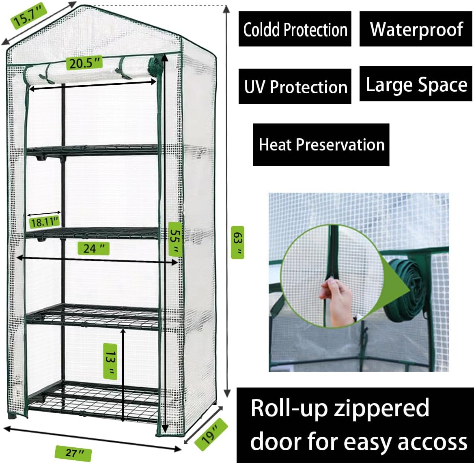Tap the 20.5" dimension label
(84, 64)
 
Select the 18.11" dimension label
(45, 221)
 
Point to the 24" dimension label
(93, 248)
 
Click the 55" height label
(175, 239)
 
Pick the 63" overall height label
(237, 243)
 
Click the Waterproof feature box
(416, 29)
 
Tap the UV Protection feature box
(295, 87)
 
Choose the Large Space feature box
(416, 84)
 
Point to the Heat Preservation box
(321, 145)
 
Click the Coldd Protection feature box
(295, 29)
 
